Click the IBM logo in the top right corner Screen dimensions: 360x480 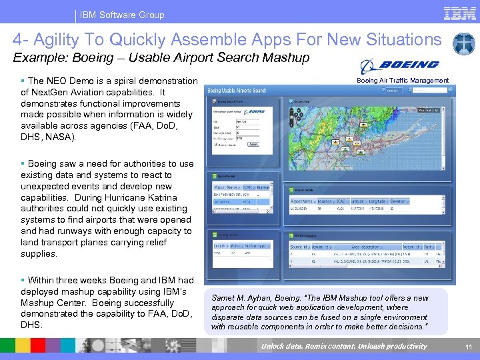pyautogui.click(x=459, y=14)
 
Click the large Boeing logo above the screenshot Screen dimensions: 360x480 pyautogui.click(x=399, y=66)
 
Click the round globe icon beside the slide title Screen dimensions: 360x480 pyautogui.click(x=463, y=44)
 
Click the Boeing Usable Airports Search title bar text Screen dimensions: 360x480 pyautogui.click(x=237, y=91)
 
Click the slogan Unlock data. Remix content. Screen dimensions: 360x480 pyautogui.click(x=306, y=346)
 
